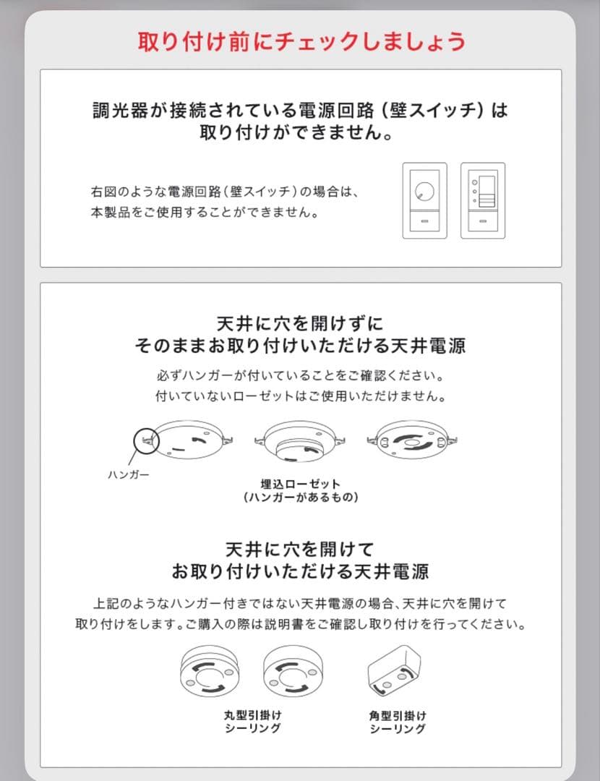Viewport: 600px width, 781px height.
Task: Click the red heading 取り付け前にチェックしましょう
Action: [301, 41]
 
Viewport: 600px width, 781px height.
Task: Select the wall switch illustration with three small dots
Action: [483, 200]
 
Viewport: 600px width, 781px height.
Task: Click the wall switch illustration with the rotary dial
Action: [424, 200]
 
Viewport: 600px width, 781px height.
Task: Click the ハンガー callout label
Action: [128, 475]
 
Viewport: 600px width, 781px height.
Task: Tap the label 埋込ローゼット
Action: [301, 484]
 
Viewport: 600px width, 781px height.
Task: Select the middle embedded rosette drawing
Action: [301, 443]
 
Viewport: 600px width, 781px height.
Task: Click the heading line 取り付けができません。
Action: [299, 134]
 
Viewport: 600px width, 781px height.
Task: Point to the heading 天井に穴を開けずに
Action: [300, 323]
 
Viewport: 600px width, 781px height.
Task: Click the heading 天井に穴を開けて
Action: [300, 548]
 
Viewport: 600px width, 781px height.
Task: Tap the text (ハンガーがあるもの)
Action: [301, 498]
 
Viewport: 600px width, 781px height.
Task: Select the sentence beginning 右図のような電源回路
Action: [225, 192]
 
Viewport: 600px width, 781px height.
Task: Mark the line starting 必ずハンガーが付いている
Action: [300, 377]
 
